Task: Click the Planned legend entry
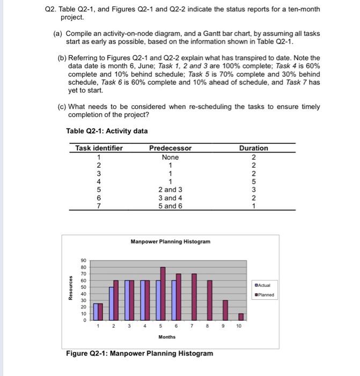tap(265, 294)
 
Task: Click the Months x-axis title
tap(167, 337)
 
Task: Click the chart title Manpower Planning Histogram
tap(170, 242)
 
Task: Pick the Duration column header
tap(253, 148)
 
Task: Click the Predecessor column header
tap(170, 148)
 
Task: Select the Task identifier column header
tap(99, 148)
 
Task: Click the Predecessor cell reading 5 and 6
tap(170, 206)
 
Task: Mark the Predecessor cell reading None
tap(170, 157)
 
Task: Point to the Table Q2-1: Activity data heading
tap(107, 131)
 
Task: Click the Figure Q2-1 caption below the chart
tap(139, 353)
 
